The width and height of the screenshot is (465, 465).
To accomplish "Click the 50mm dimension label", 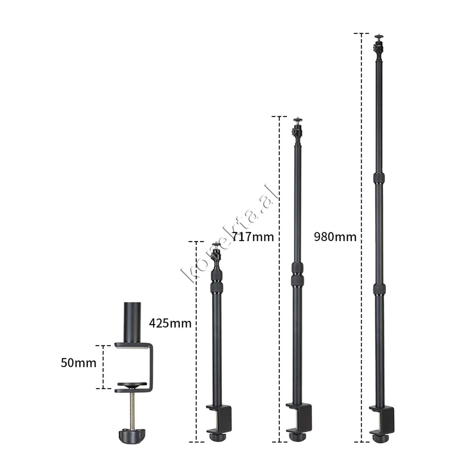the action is click(x=79, y=363).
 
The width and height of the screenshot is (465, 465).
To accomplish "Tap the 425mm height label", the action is click(x=170, y=323).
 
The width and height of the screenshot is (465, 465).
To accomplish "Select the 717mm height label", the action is click(x=253, y=237).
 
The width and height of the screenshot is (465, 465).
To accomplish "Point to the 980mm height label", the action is click(x=335, y=237).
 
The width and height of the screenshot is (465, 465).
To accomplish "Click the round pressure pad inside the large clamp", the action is click(x=132, y=385).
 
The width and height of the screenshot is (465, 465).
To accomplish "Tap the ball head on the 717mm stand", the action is click(x=297, y=130).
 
